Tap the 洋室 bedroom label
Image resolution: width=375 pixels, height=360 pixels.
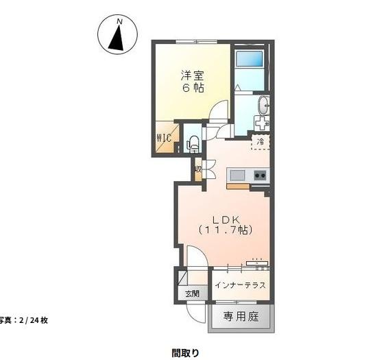pos(192,75)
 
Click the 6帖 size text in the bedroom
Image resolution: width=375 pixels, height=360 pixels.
pos(192,88)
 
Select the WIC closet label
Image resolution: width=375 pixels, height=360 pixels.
pos(163,137)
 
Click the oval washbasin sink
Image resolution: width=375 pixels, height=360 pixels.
pos(264,105)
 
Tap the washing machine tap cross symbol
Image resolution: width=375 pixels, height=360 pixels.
pos(262,123)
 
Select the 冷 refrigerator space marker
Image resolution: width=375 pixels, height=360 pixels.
pos(260,142)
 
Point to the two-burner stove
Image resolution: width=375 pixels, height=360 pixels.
pos(261,175)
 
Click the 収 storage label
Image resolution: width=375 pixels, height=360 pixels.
pos(197,169)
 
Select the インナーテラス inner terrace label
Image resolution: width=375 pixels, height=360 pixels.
pos(240,285)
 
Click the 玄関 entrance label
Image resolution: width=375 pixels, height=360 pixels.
pos(191,293)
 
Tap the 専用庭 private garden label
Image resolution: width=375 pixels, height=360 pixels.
pos(240,317)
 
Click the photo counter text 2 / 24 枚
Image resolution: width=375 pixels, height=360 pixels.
pos(24,320)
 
